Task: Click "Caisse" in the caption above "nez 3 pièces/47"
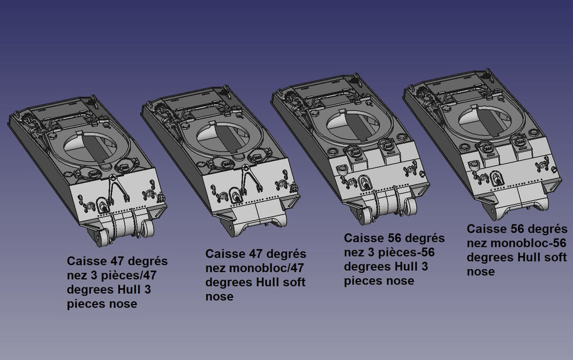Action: pos(86,261)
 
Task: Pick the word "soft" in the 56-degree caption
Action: pos(555,258)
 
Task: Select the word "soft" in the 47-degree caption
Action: pos(293,282)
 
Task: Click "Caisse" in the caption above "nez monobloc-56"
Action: pos(486,229)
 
